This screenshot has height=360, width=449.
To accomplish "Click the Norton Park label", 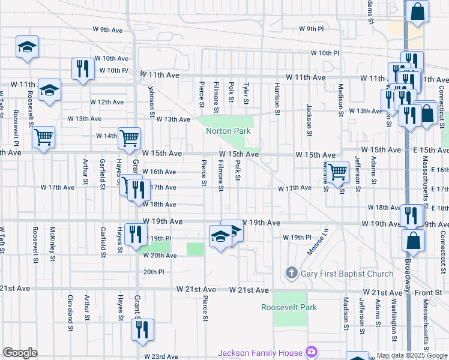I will point(228,131).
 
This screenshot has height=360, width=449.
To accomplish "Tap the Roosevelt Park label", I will point(289,308).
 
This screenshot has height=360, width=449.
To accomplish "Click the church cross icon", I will point(292,274).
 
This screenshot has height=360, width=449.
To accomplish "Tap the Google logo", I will point(20,353).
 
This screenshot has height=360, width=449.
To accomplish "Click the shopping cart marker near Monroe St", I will point(338,172).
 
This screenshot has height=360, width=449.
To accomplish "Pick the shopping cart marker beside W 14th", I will point(129,137).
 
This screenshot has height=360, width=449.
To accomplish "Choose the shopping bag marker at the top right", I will point(417,11).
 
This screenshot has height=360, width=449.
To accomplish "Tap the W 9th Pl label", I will point(311,29).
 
